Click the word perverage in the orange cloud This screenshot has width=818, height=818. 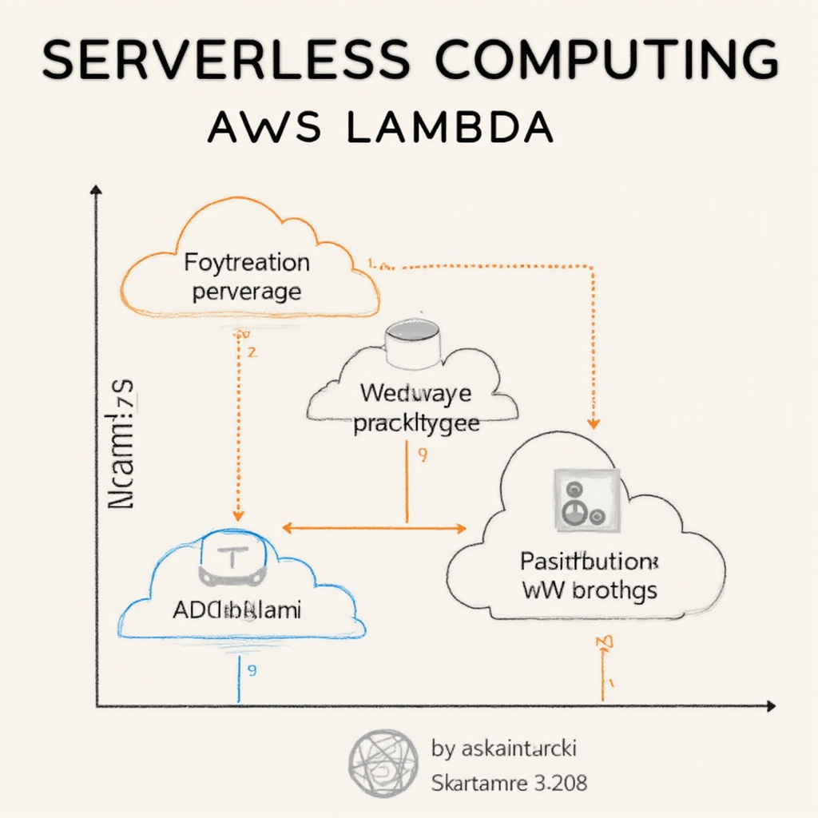point(247,291)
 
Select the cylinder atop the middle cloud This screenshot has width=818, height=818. point(411,341)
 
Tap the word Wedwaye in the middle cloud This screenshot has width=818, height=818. point(415,393)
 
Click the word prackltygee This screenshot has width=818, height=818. point(416,423)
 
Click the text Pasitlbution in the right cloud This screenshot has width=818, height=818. point(589,561)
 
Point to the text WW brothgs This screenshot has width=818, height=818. point(590,590)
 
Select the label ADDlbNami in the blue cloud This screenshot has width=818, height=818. point(237,612)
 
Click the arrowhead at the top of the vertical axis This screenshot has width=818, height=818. point(97,190)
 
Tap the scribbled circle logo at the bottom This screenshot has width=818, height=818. point(383,764)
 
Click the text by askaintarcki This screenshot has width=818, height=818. point(503,749)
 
